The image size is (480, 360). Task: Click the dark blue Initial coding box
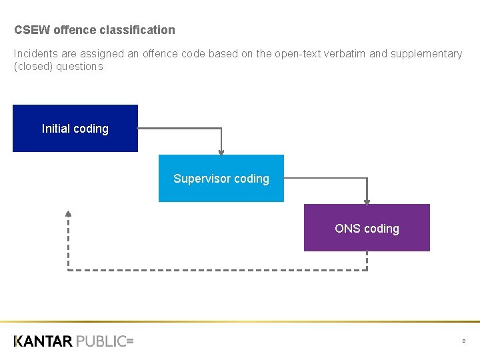point(75,128)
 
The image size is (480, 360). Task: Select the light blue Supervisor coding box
point(221,178)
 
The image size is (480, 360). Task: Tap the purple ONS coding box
point(367,228)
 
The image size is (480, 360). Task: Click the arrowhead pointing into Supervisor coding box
point(221,151)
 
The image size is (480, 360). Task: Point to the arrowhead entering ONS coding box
point(367,201)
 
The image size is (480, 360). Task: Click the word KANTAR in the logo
point(43,341)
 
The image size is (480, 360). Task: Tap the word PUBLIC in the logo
point(101,341)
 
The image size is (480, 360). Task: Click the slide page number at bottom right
point(463,341)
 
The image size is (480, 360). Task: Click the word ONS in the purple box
point(347,229)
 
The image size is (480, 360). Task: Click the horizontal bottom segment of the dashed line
point(217,270)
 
